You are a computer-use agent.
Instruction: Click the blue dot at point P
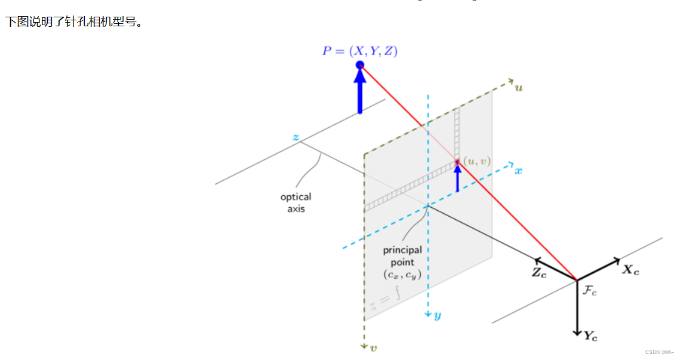pos(359,64)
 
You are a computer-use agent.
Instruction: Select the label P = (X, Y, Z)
pos(359,51)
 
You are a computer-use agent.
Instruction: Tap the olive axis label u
pos(519,87)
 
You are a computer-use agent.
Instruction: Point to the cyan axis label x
pos(518,171)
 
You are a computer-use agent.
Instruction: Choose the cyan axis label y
pos(437,316)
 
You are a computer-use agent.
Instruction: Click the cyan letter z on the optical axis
pos(296,137)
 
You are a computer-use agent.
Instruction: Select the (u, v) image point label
pos(477,161)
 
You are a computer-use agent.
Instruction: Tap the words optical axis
pos(296,202)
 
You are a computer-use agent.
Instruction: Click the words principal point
pos(402,256)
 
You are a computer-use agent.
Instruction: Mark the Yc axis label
pos(590,336)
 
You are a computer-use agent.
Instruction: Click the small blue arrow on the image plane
pos(458,178)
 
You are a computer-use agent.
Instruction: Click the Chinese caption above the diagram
pos(75,22)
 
